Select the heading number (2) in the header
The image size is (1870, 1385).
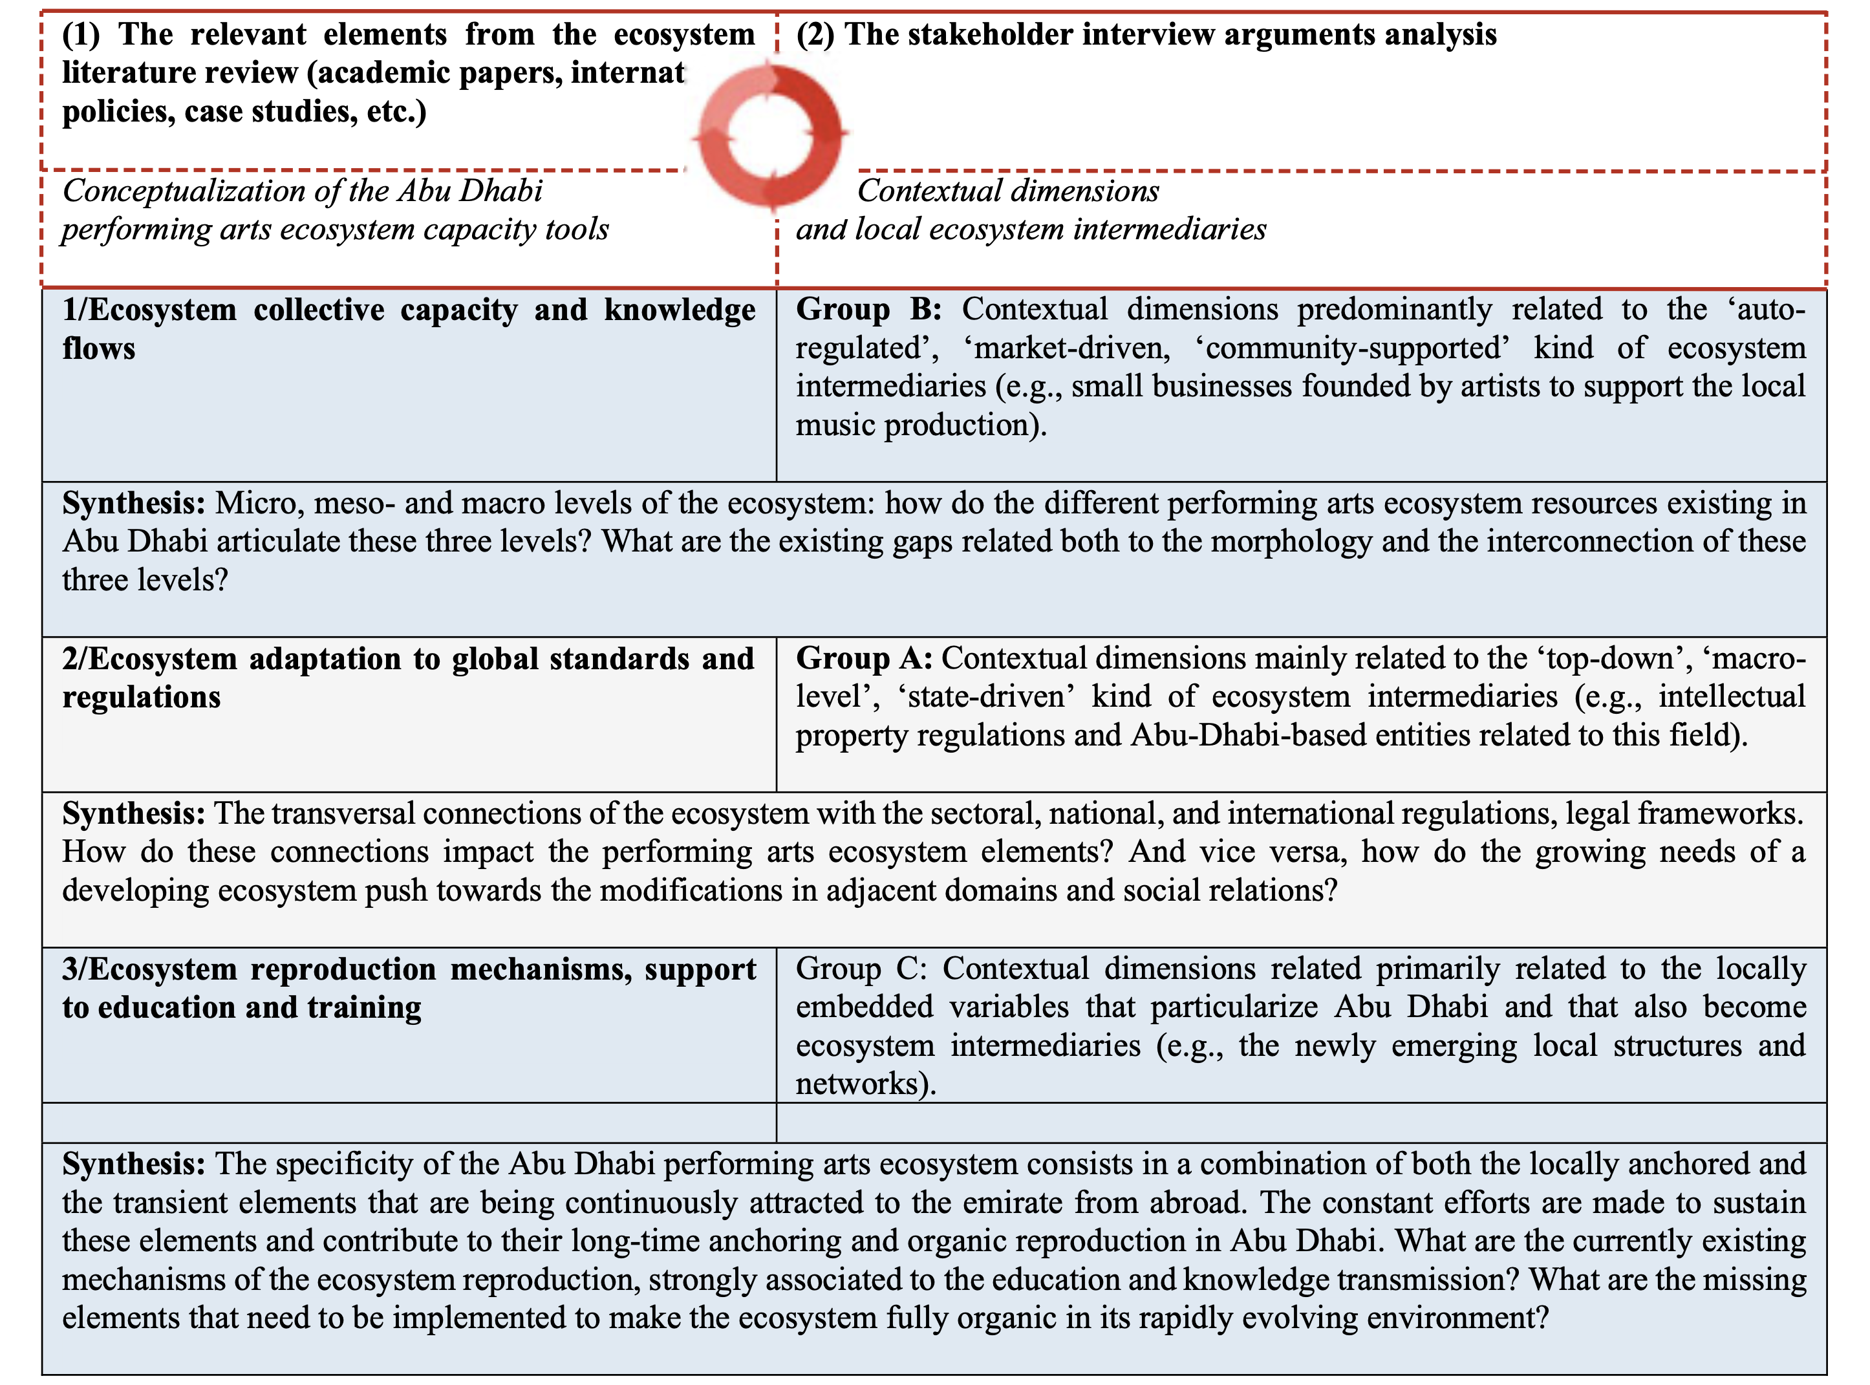point(814,35)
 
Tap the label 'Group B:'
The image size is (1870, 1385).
point(868,309)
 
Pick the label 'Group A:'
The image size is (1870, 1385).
point(863,659)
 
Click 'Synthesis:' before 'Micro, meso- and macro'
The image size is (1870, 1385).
point(133,504)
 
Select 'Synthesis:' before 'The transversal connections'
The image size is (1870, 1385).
point(133,814)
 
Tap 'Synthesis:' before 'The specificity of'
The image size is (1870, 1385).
point(133,1165)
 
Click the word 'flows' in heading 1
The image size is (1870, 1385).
point(98,349)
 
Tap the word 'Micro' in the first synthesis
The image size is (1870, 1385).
point(249,504)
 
